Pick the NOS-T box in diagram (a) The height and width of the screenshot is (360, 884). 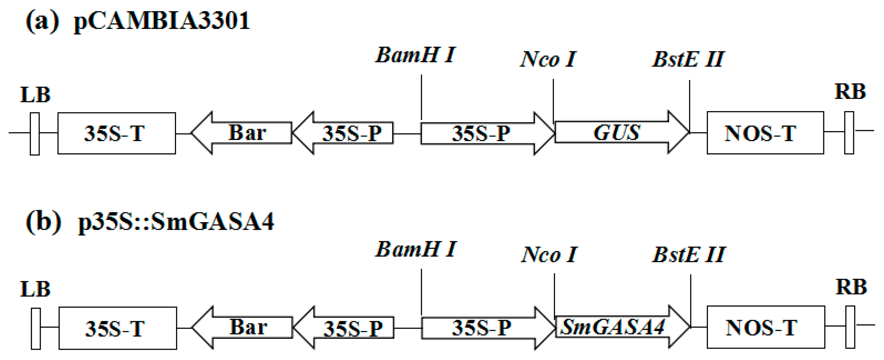(x=765, y=133)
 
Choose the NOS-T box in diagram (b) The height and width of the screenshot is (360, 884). (x=765, y=327)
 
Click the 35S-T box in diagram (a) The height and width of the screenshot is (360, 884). (x=116, y=133)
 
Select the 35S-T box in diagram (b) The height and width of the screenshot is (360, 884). (x=117, y=328)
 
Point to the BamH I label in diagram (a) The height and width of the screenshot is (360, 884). (x=415, y=55)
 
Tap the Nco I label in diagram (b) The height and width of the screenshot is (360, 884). (x=549, y=255)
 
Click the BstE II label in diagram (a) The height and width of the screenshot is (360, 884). (x=688, y=59)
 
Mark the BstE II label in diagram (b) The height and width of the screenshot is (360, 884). (x=689, y=255)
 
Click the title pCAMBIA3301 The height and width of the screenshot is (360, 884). (x=161, y=21)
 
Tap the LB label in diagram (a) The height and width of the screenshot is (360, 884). (x=35, y=95)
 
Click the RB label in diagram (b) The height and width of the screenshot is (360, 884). (x=851, y=287)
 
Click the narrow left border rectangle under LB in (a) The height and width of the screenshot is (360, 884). (x=35, y=134)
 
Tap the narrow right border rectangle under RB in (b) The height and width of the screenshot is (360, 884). (x=850, y=327)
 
